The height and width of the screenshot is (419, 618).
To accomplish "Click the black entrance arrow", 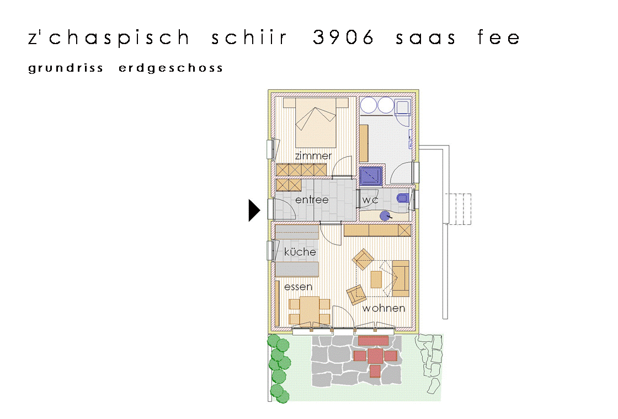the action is tap(254, 210).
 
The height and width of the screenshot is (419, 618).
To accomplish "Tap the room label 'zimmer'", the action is tap(313, 156).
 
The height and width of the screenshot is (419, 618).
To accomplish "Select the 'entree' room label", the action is tap(312, 200).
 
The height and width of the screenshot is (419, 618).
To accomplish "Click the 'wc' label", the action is tap(370, 200).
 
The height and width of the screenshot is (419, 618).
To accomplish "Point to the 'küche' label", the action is tap(300, 251).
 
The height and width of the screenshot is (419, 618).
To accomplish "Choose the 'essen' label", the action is tap(298, 287).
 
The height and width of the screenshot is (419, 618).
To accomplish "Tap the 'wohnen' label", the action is tap(383, 308).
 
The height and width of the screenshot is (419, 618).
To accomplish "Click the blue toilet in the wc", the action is tap(402, 198).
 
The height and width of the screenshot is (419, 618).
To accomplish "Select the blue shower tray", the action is tap(371, 176).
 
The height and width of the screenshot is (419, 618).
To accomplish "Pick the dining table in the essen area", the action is tap(310, 310).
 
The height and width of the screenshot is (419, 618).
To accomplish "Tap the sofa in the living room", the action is tap(401, 278).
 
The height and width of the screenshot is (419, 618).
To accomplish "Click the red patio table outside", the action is tap(375, 356).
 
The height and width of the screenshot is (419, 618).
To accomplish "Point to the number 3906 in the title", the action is tap(343, 37).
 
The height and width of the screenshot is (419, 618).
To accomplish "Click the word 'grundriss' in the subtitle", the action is tap(66, 68).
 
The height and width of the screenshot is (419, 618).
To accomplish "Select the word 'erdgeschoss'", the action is tap(171, 68).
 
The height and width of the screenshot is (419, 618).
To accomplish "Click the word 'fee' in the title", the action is tap(499, 37).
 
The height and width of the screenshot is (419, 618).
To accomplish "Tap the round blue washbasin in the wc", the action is tap(385, 216).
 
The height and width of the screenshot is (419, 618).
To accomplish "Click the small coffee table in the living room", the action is tap(376, 279).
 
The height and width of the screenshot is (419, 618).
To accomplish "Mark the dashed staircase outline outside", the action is tap(458, 209).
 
